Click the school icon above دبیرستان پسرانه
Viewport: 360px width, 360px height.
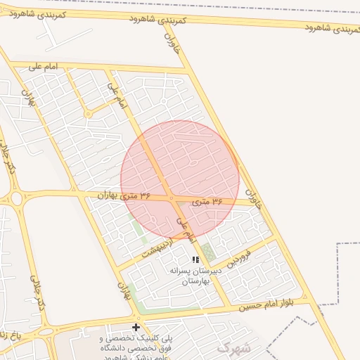point(195,259)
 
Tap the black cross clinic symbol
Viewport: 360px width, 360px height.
point(136,327)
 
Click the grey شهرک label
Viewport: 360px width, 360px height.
point(233,347)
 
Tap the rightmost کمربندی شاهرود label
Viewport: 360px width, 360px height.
point(331,27)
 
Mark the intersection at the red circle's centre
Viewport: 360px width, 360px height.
point(172,198)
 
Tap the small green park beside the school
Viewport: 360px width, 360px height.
point(209,252)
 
